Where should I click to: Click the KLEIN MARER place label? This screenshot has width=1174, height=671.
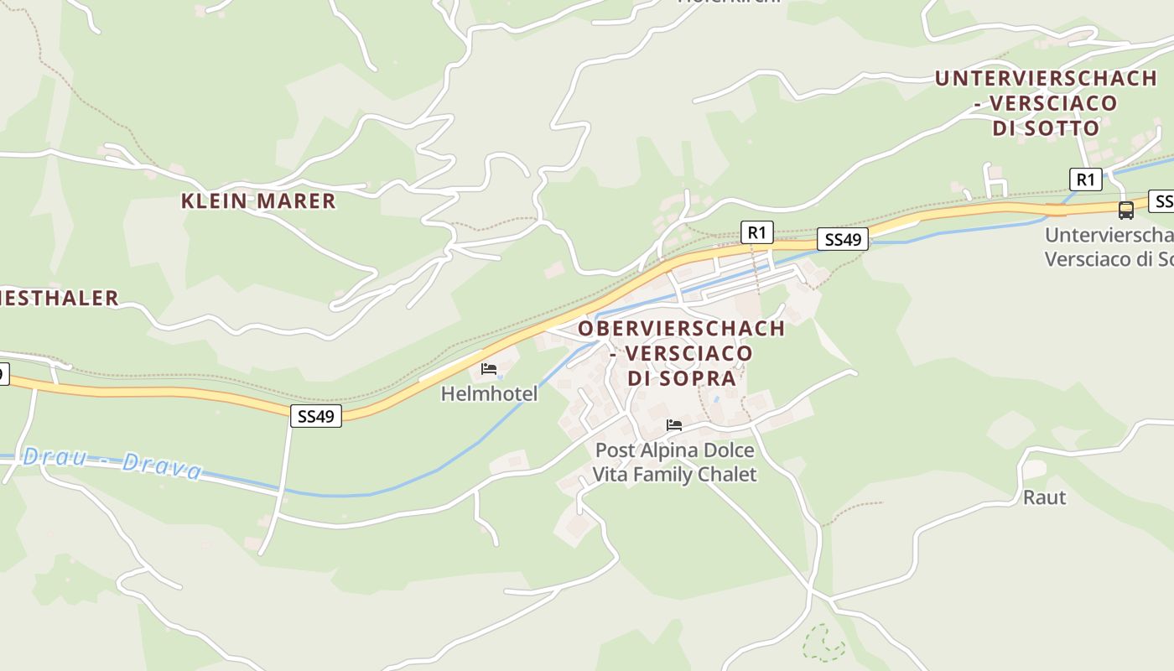258,201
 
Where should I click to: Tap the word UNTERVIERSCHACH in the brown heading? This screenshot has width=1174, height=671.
1046,79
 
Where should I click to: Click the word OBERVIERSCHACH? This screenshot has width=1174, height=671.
681,328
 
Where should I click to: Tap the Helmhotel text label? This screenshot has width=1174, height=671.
489,393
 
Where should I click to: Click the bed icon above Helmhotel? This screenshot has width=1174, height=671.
489,369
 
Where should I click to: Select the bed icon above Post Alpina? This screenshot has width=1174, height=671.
673,425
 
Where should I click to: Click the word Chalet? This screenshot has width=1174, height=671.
724,475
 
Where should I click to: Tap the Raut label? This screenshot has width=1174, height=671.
1044,497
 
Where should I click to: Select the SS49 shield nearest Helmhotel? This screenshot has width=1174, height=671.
316,416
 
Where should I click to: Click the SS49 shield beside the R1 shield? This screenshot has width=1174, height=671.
843,240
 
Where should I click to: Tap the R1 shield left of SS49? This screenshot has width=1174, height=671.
756,232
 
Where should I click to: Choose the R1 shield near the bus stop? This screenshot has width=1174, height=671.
1085,179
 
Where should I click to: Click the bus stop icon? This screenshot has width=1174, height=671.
1125,210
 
